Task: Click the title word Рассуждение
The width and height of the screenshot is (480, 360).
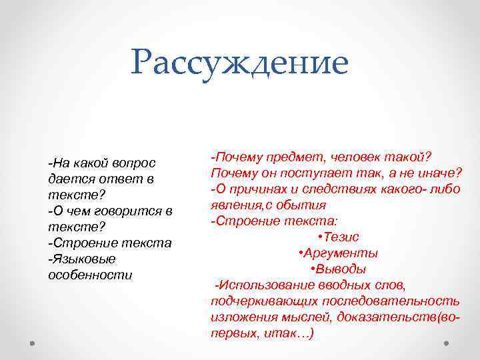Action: (x=239, y=63)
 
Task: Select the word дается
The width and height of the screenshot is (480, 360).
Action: (x=67, y=179)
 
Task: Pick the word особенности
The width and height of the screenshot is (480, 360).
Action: (x=90, y=275)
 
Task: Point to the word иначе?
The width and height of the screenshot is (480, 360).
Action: (x=441, y=173)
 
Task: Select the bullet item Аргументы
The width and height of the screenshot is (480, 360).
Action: (x=342, y=253)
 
